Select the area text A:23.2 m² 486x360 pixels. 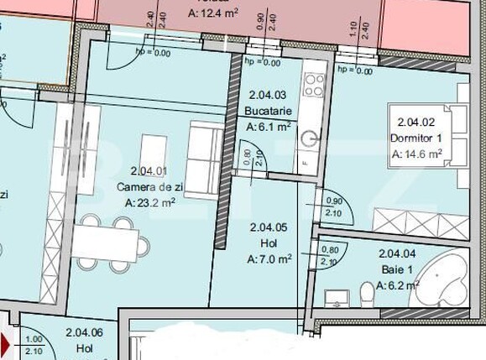coord(149,202)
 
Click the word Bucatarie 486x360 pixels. coord(268,111)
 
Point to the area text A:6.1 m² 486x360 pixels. coord(268,127)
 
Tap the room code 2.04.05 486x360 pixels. coord(269,227)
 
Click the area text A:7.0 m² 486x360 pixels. coord(269,259)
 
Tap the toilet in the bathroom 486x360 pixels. coord(366,295)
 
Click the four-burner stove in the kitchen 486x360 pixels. coord(315,83)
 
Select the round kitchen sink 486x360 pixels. coord(310,138)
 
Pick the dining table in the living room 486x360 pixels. coord(107,242)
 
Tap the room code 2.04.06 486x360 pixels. coord(84,332)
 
